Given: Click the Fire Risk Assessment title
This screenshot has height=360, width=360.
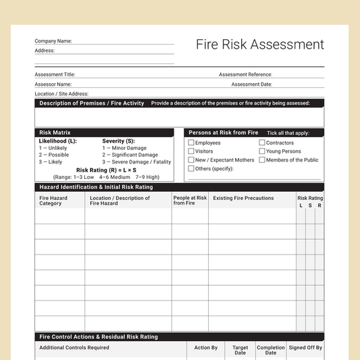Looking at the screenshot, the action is (260, 45).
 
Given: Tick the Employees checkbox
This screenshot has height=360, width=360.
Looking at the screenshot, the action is (191, 143).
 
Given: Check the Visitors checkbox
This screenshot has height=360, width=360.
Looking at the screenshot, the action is (191, 151).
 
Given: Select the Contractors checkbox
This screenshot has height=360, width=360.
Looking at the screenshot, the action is (262, 143).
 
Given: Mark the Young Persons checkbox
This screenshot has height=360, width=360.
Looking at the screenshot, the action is (262, 151).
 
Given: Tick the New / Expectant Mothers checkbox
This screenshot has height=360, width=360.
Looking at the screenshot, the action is (191, 160).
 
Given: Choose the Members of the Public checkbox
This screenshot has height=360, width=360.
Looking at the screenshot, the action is (262, 160).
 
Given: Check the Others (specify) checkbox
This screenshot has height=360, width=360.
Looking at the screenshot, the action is (191, 169).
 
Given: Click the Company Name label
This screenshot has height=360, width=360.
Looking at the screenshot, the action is (53, 41).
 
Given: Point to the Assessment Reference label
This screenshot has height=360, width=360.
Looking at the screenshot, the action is (245, 74).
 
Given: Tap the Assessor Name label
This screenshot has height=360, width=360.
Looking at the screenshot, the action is (53, 84).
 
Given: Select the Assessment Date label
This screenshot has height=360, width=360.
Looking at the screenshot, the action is (251, 84).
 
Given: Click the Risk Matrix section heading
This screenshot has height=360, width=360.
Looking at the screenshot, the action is (55, 132).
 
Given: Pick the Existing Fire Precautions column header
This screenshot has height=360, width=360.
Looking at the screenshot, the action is (243, 199).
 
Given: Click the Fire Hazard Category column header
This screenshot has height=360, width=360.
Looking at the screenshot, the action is (53, 201).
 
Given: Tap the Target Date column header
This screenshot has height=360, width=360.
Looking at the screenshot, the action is (240, 350).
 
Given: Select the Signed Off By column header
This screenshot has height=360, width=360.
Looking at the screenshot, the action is (305, 348).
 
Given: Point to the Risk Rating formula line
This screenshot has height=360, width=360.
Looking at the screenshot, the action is (106, 170).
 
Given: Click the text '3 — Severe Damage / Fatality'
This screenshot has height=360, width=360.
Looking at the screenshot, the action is (136, 162).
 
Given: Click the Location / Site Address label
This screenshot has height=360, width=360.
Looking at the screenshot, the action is (61, 94).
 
